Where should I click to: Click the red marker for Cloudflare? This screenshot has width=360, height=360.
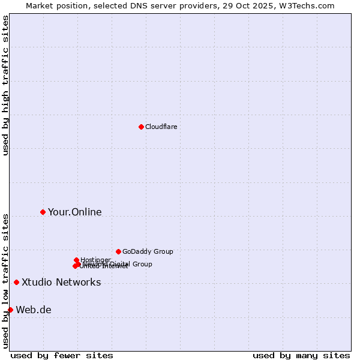tap(141, 127)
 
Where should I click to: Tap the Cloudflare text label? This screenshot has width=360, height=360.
tap(161, 127)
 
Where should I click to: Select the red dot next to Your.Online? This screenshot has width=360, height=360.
tap(43, 212)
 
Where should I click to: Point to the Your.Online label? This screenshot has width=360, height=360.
tap(74, 212)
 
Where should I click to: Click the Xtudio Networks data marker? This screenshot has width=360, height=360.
tap(16, 282)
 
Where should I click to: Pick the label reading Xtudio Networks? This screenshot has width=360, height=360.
tap(61, 282)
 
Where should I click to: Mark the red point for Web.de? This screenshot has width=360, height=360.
tap(10, 310)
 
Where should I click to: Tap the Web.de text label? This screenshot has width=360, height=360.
tap(34, 310)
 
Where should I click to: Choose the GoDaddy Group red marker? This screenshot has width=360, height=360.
tap(118, 251)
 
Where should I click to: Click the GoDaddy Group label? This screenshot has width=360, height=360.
tap(148, 251)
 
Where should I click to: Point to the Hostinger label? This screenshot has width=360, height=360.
tap(95, 260)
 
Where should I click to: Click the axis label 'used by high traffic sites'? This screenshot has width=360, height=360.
tap(5, 85)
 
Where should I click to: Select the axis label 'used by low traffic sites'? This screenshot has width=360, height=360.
tap(5, 280)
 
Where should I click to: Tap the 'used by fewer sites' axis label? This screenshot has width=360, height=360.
tap(62, 355)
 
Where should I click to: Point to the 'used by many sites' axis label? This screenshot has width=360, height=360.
tap(301, 355)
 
